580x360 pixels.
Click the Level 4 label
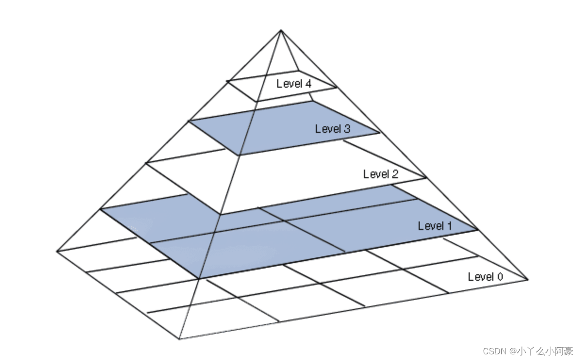coord(294,84)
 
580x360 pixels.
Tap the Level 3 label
coord(333,129)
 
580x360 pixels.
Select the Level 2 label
coord(381,174)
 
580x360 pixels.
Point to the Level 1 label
coord(435,226)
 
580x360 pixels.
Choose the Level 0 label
coord(485,277)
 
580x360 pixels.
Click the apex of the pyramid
coord(281,31)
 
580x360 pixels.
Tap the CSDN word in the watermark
coord(493,351)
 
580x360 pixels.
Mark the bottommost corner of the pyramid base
coord(180,339)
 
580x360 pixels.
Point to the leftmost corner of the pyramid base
coord(57,251)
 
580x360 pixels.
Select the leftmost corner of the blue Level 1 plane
coord(101,208)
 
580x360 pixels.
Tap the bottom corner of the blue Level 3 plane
coord(239,155)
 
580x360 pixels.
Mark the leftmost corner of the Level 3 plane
coord(189,121)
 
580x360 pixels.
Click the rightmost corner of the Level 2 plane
coord(427,178)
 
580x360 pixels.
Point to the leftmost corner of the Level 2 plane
coord(146,163)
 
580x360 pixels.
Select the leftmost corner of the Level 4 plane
coord(227,81)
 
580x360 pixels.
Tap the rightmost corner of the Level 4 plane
coord(337,87)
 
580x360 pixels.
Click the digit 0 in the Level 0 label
coord(499,277)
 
